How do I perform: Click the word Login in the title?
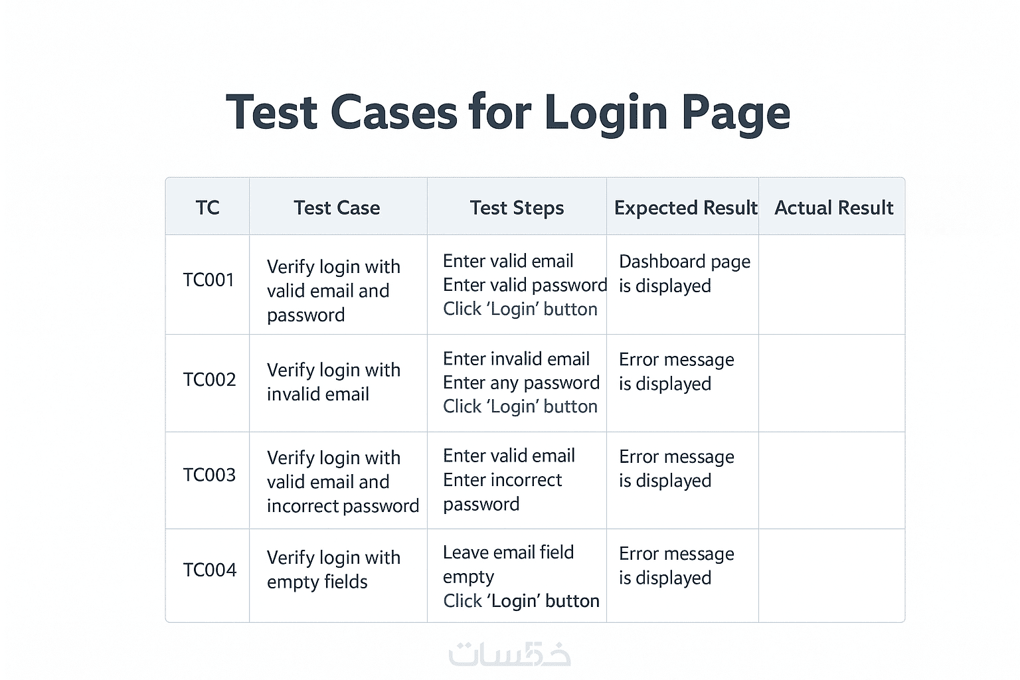605,113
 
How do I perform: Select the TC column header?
207,208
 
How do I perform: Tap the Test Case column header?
337,208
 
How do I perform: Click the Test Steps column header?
517,208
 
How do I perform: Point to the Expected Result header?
685,208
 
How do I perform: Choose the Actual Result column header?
833,208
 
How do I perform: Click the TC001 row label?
209,280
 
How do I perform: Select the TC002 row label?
209,380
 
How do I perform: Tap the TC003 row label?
209,475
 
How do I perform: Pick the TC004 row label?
209,570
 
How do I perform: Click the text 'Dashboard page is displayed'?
684,274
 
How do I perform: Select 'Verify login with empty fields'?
333,570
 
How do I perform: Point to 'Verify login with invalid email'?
333,382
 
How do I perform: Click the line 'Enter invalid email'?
516,359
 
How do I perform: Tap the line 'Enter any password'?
521,383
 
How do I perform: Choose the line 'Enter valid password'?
525,286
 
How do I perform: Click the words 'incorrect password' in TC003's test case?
343,507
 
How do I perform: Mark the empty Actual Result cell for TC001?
831,284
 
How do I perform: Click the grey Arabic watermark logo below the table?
509,654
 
